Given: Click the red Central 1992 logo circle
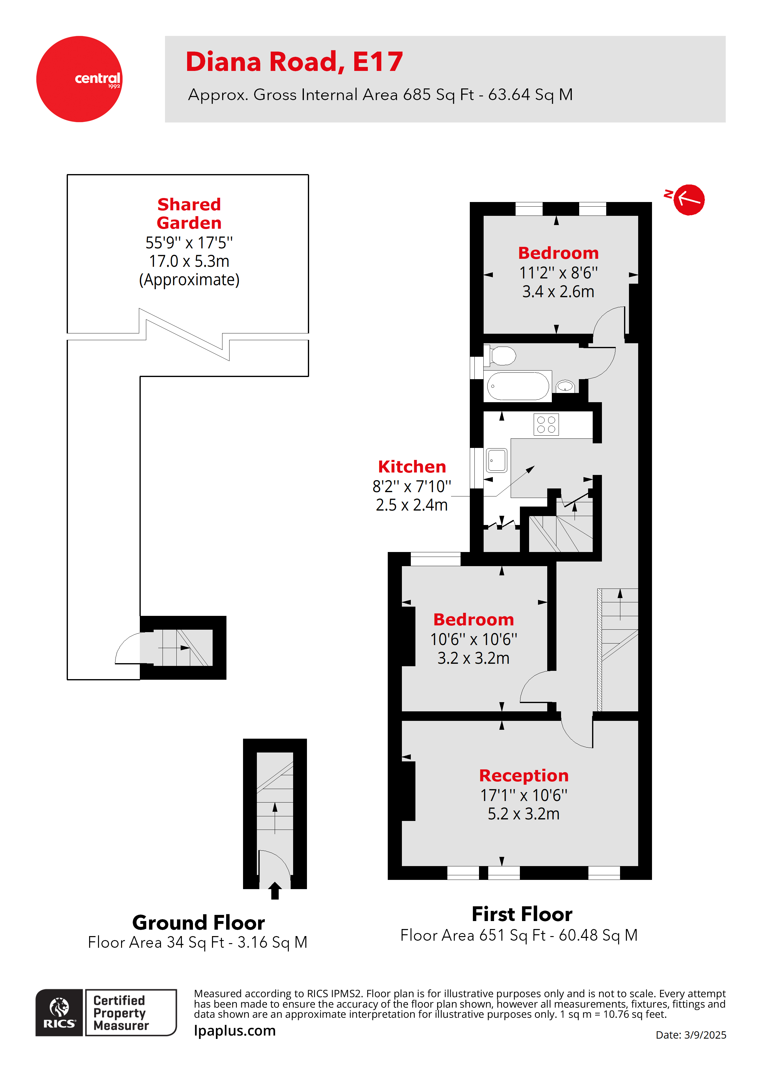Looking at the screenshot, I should [x=79, y=79].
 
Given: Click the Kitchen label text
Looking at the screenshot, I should [x=412, y=467].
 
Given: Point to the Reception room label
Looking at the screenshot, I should [x=524, y=776].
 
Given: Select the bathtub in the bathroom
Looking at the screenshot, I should [x=517, y=386].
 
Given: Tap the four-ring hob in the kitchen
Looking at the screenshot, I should [x=546, y=425].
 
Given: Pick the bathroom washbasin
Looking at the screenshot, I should [x=565, y=386].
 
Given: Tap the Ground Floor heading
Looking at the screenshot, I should [x=198, y=923].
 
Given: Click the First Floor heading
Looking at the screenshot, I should [x=522, y=914].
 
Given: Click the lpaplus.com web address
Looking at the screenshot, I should [x=235, y=1031].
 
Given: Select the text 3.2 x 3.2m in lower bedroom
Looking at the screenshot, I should [x=473, y=658].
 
